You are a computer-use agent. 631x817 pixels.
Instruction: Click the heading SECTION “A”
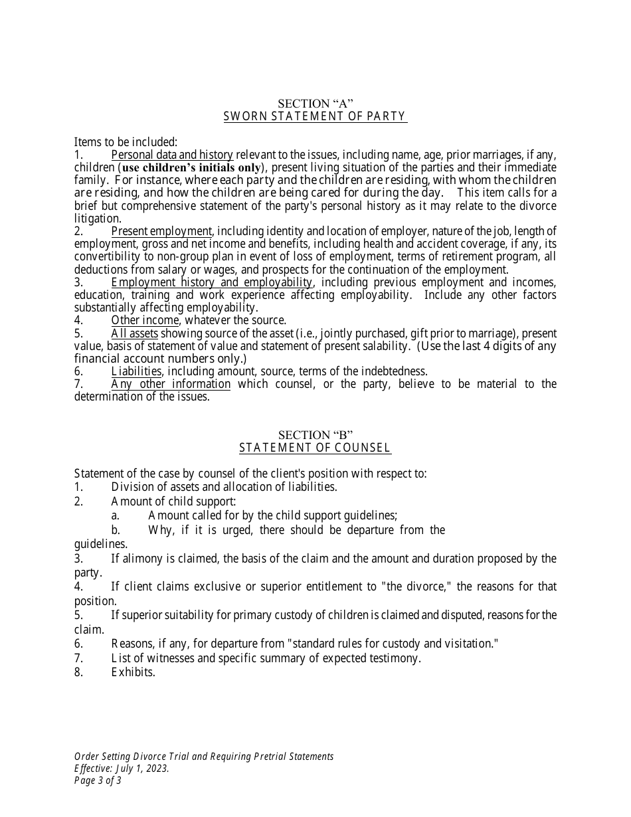pos(315,104)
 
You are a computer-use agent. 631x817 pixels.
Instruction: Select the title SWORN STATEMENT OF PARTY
pos(315,116)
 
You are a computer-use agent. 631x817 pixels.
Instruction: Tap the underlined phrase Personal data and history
pos(172,155)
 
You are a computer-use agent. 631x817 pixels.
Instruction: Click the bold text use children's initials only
pos(192,167)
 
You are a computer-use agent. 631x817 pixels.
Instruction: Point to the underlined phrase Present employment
pos(161,231)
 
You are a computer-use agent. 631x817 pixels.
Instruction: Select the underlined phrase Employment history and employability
pos(211,282)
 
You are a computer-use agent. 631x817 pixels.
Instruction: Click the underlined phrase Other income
pos(145,320)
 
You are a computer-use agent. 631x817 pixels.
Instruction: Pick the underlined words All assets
pos(134,333)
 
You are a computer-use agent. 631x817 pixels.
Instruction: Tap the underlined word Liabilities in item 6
pos(136,371)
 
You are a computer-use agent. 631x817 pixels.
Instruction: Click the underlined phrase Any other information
pos(171,384)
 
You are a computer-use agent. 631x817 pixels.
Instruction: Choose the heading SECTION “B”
pos(315,435)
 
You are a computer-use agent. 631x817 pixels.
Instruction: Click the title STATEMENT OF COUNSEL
pos(315,448)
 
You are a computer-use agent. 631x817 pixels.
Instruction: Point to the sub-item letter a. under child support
pos(116,515)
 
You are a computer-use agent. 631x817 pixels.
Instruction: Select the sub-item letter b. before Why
pos(116,530)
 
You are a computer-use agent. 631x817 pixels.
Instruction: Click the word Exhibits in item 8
pos(133,672)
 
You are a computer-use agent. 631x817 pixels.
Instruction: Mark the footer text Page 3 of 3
pos(98,780)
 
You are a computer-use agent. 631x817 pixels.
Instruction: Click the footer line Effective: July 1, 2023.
pos(122,769)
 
